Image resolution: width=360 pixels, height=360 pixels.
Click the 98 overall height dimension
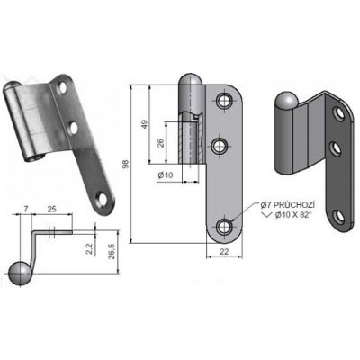tap(126, 164)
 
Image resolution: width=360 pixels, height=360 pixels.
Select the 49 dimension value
tap(145, 124)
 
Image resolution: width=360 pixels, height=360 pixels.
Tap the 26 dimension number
tap(161, 142)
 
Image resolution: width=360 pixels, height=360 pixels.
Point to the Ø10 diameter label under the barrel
tap(166, 175)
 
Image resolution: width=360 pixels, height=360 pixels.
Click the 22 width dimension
tap(224, 251)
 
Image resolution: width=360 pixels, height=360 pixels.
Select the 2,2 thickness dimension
tap(90, 248)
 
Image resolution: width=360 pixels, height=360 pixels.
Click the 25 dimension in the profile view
tap(51, 209)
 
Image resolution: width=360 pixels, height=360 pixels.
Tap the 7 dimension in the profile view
tap(26, 209)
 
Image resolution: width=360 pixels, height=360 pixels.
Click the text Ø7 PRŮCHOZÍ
tap(287, 205)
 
